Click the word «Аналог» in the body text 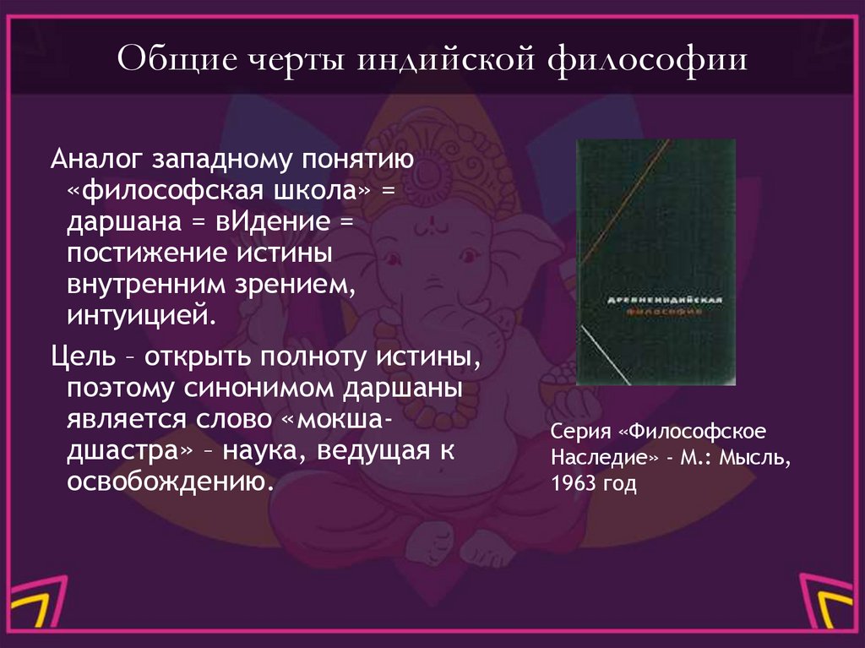(x=95, y=159)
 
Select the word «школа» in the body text (x=328, y=190)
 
